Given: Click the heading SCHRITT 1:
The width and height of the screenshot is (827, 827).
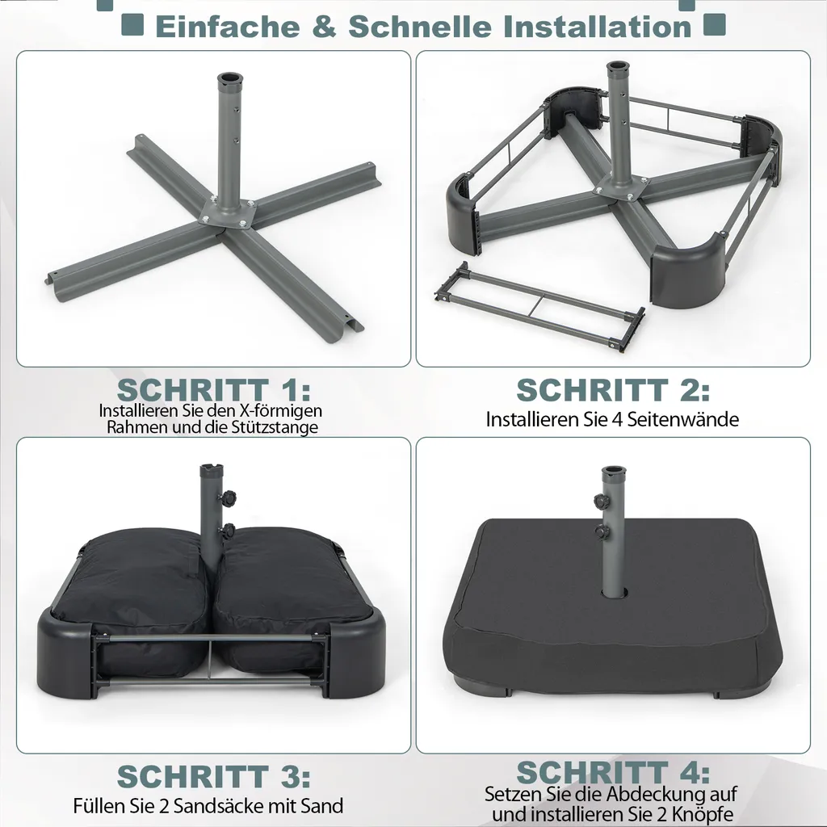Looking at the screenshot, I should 213,389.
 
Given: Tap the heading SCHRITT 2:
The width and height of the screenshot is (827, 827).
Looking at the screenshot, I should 613,389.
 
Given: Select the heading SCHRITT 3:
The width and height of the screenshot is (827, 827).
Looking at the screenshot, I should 213,776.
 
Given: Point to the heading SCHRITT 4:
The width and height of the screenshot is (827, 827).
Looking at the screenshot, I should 613,771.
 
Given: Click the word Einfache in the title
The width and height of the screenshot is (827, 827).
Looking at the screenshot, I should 227,26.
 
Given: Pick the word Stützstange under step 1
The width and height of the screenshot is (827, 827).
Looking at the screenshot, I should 275,427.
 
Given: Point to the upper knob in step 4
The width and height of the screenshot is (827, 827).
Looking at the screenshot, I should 600,502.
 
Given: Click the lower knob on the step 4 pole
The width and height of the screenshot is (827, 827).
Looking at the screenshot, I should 602,533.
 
